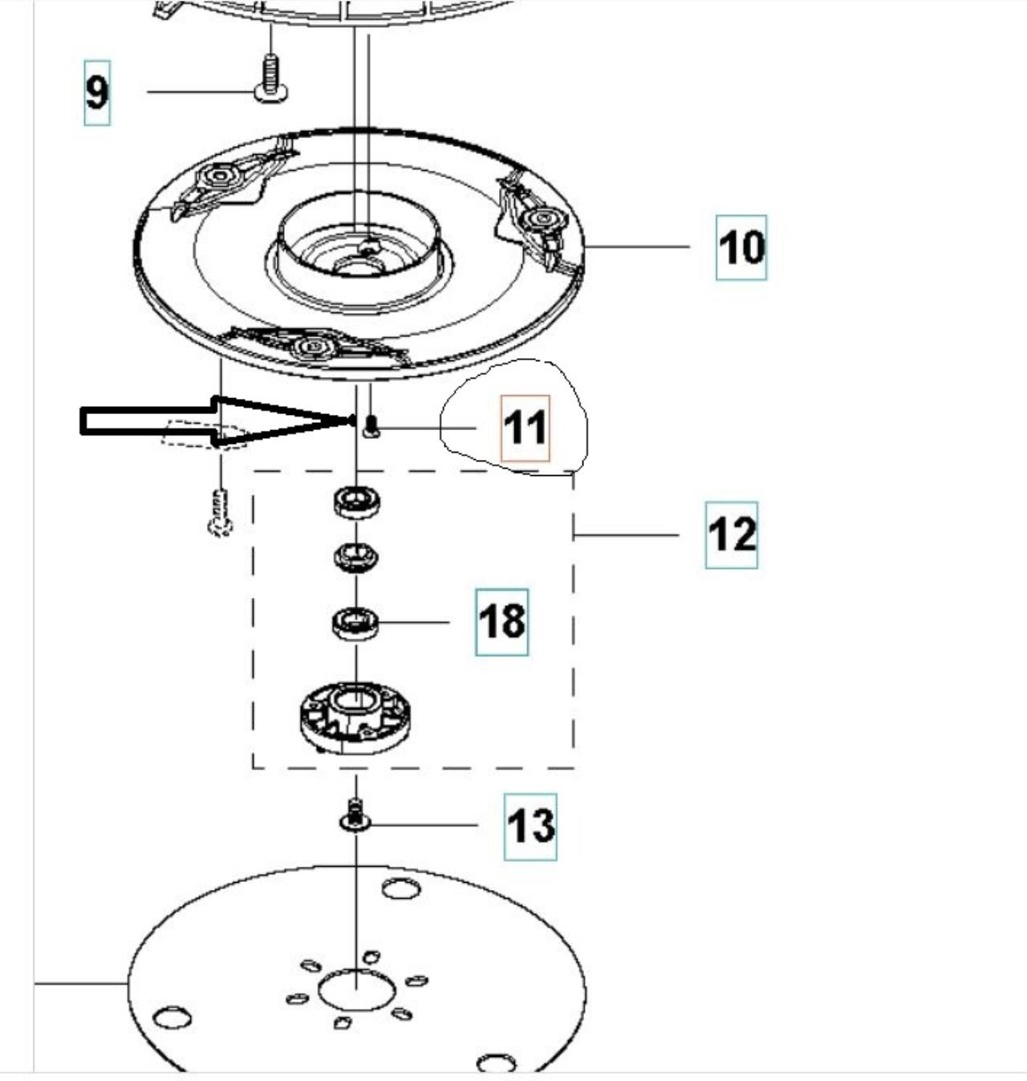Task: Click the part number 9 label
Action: point(96,92)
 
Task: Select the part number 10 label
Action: point(741,247)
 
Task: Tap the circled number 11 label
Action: point(526,428)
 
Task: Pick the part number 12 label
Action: point(731,534)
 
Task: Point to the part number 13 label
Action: point(530,826)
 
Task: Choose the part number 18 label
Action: point(501,622)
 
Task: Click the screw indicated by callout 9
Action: point(270,80)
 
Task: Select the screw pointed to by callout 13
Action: point(354,817)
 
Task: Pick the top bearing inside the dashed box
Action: point(356,503)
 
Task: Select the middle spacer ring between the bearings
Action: point(356,556)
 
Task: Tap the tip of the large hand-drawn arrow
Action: point(350,420)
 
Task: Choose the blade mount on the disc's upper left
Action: point(221,177)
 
